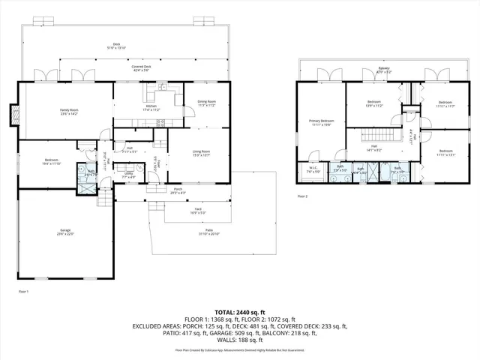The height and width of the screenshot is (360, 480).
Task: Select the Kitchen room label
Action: point(151,107)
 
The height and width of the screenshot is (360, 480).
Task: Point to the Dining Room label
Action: point(207,103)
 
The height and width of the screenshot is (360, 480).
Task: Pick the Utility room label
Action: point(129,175)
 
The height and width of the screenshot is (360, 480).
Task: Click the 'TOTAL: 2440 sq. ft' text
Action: point(240,311)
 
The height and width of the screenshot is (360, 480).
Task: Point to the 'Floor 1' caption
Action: point(23,291)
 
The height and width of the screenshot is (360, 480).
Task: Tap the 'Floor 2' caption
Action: point(302,196)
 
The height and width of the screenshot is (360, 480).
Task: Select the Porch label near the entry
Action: point(178,190)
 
